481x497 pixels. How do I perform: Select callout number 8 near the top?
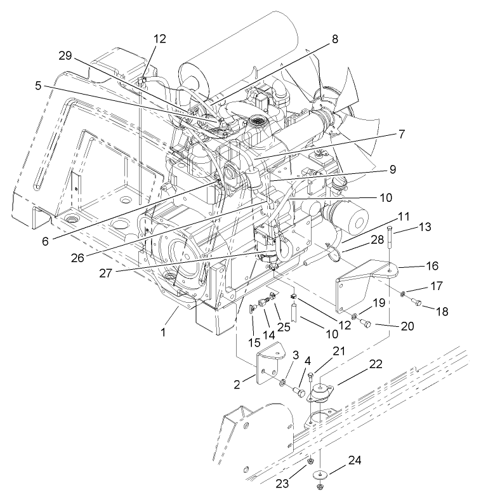pos(334,39)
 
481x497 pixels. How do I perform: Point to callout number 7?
pos(402,134)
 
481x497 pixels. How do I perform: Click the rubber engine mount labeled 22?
pos(321,397)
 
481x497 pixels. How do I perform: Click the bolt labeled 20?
pos(366,324)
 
